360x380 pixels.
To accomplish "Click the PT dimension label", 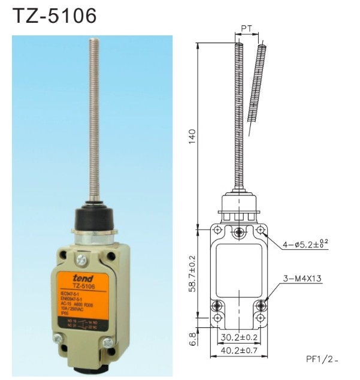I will (x=246, y=29).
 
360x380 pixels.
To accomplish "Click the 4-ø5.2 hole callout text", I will (x=305, y=243).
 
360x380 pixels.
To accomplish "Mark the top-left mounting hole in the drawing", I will (x=217, y=231).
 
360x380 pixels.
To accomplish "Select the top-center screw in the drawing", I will (x=240, y=231).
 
